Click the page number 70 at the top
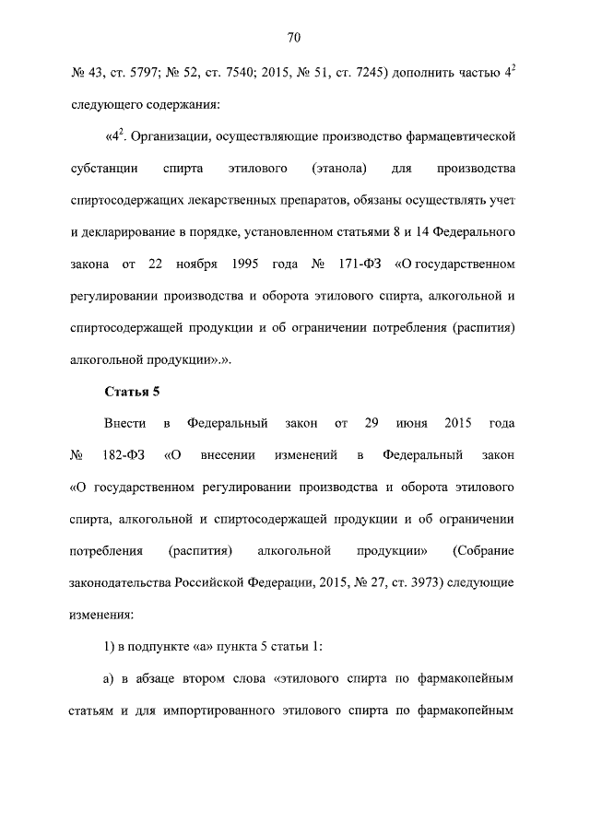tap(294, 38)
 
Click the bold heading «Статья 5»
tap(132, 392)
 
